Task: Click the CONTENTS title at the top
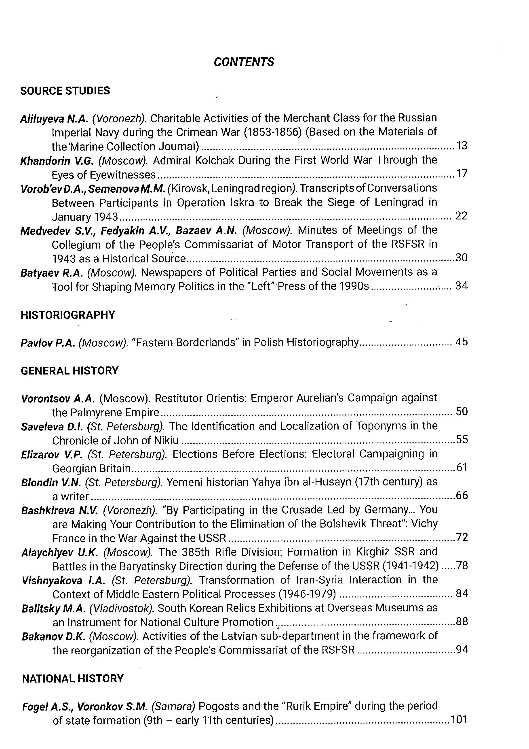[x=244, y=62]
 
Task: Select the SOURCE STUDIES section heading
[x=65, y=91]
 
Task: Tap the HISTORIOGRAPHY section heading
[x=68, y=315]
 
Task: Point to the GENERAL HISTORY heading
[x=70, y=371]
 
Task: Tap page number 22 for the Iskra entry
[x=461, y=216]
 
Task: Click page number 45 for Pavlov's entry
[x=462, y=342]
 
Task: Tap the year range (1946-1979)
[x=307, y=594]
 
